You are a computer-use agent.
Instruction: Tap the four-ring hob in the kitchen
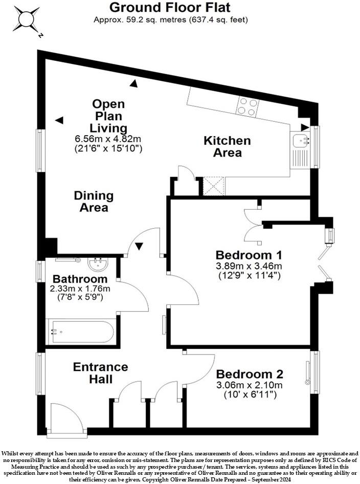pos(246,106)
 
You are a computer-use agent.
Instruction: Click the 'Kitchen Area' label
pos(227,146)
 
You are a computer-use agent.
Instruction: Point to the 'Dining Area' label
pos(94,201)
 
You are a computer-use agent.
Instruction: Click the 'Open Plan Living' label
pos(108,116)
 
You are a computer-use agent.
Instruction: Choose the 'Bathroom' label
pos(80,279)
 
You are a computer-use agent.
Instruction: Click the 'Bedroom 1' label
pos(249,255)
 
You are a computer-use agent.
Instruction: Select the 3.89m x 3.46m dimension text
pos(249,266)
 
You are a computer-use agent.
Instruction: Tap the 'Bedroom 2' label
pos(249,374)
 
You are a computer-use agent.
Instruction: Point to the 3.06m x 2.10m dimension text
pos(249,385)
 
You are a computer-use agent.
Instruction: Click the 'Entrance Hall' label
pos(93,373)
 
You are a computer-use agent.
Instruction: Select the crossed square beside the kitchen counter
pos(214,185)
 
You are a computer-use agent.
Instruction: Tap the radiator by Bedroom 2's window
pos(308,372)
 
